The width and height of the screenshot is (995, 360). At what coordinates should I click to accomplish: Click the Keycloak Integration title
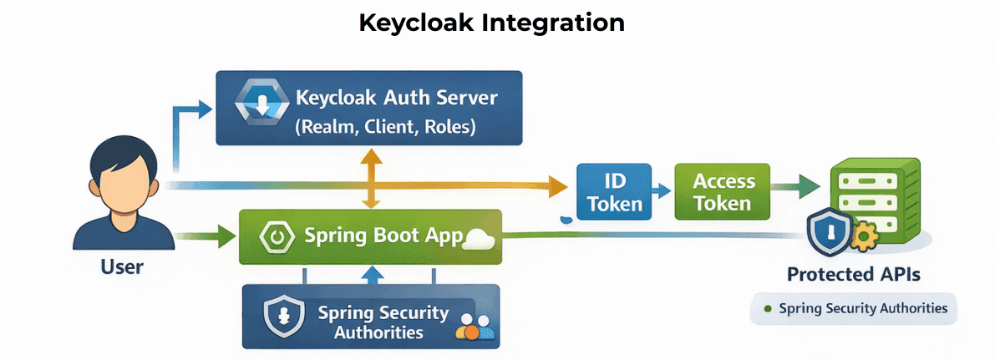pos(491,23)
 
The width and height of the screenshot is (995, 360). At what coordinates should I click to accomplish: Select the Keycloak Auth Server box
pos(368,109)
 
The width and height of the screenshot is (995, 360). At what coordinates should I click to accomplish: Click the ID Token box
pos(615,191)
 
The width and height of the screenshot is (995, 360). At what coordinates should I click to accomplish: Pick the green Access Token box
pos(723,191)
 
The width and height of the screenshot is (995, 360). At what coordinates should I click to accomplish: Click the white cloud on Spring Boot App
pos(479,238)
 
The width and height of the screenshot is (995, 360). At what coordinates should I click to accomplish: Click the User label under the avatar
pos(122,267)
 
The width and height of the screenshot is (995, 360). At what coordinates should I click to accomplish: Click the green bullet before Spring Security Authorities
pos(767,309)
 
